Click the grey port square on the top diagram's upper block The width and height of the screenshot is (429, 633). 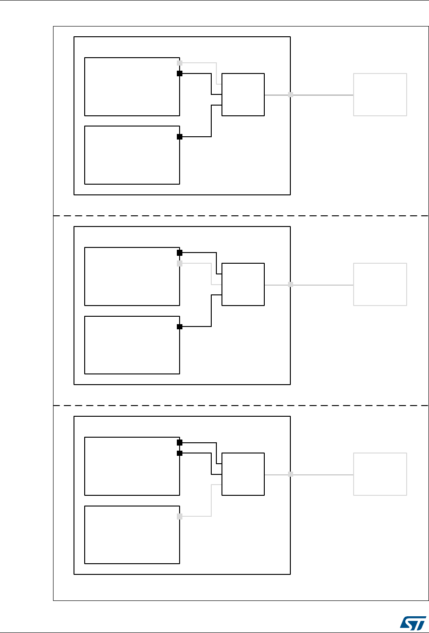180,63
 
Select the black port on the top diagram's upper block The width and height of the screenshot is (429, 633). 180,73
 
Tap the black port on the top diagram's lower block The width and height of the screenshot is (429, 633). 180,137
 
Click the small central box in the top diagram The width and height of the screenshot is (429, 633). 243,94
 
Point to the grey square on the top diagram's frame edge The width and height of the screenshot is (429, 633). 290,94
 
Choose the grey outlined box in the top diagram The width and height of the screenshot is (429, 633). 380,94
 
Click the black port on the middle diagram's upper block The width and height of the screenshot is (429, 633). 180,253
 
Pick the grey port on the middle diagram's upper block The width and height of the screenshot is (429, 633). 180,264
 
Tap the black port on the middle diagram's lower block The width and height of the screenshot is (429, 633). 180,326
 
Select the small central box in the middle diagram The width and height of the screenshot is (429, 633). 243,284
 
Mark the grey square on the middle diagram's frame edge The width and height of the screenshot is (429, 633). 290,284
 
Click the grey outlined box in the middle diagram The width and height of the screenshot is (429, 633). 380,284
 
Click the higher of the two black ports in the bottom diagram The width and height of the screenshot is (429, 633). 180,443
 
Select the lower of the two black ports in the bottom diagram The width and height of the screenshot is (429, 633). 180,453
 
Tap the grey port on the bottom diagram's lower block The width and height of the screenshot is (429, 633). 180,516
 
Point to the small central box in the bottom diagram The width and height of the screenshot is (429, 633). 243,474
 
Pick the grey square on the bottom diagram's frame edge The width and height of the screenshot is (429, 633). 290,474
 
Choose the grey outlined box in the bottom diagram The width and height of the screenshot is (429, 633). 380,474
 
